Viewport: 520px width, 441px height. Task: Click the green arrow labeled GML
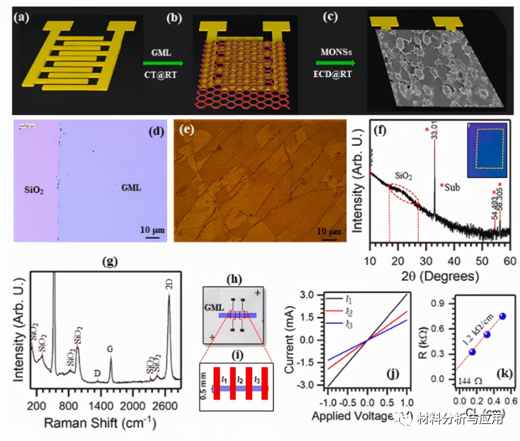click(x=162, y=63)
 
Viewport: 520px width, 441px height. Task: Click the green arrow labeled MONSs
click(x=335, y=63)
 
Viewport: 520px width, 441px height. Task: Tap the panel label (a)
click(x=22, y=17)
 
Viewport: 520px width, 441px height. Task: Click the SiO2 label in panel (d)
click(x=34, y=190)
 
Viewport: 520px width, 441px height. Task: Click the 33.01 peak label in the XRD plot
click(x=434, y=130)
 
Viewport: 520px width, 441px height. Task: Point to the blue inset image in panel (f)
click(x=487, y=150)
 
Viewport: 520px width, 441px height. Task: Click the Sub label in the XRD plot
click(x=452, y=188)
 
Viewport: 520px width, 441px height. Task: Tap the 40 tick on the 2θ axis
click(x=454, y=261)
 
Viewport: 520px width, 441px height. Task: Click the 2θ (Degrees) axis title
click(x=440, y=276)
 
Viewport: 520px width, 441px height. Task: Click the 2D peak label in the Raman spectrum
click(x=169, y=284)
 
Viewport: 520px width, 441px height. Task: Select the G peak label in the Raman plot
click(x=110, y=349)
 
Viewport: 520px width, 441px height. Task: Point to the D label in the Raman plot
click(x=97, y=373)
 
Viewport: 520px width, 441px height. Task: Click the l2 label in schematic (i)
click(x=240, y=380)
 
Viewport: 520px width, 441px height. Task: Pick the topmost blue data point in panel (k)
click(x=503, y=316)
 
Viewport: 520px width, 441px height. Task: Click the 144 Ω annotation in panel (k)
click(x=470, y=381)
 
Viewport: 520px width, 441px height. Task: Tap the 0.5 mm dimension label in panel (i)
click(x=204, y=386)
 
